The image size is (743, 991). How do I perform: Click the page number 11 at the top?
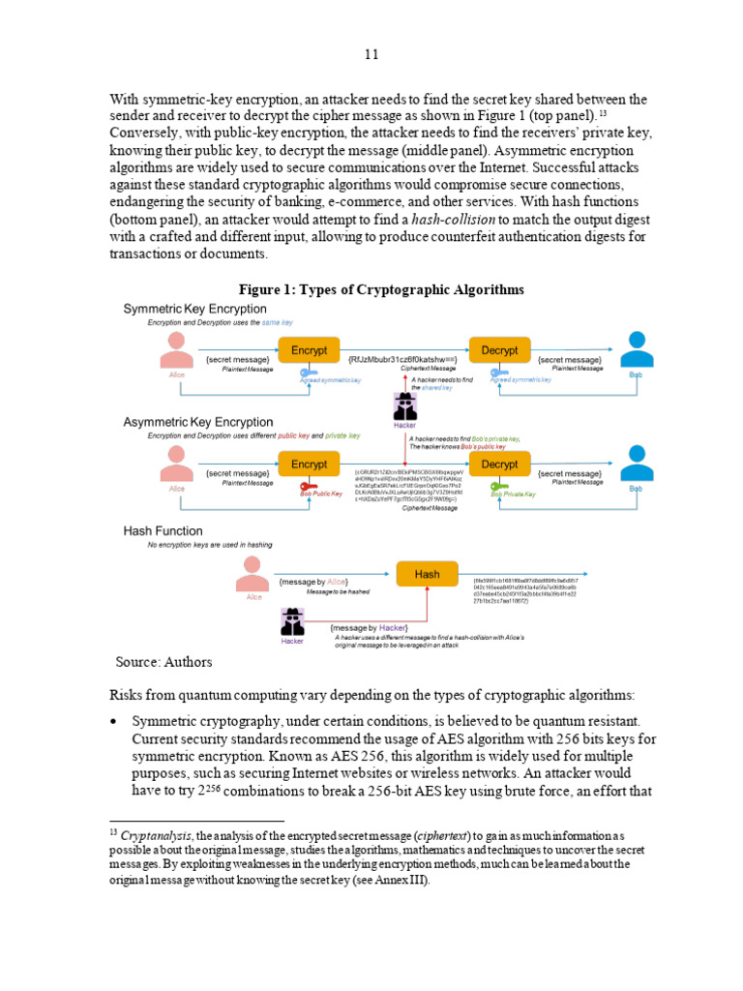tap(371, 54)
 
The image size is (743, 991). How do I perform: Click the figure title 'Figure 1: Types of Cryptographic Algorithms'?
tap(381, 289)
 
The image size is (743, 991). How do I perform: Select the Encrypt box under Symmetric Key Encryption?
tap(309, 351)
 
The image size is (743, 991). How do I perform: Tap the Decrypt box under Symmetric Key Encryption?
tap(499, 351)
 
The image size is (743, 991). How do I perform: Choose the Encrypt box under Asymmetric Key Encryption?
tap(309, 465)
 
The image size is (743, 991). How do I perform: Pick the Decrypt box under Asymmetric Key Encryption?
tap(499, 465)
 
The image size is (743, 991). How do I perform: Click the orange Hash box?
tap(427, 575)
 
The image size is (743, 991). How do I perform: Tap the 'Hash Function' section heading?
tap(163, 530)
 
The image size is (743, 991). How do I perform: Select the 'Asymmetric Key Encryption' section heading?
tap(198, 422)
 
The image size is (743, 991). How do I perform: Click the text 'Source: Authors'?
tap(163, 662)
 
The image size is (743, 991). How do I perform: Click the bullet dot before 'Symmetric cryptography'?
tap(115, 722)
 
